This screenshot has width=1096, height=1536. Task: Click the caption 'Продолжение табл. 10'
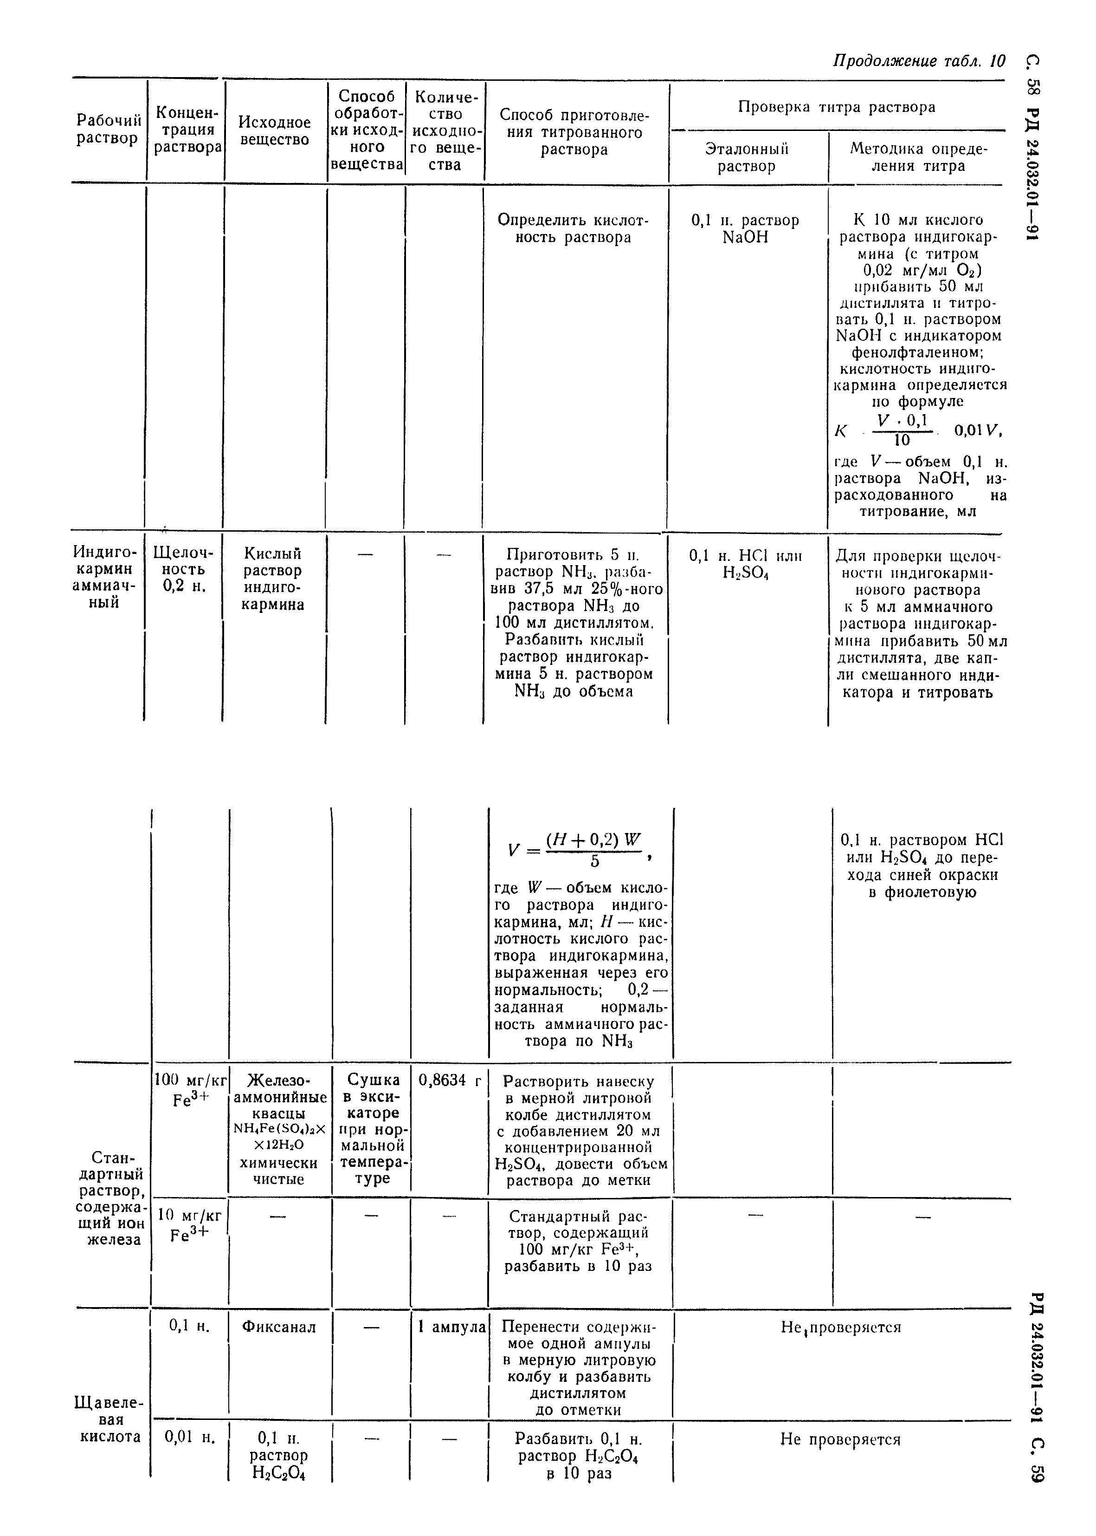[x=918, y=61]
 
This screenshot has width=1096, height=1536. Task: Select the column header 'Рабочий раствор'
[x=108, y=130]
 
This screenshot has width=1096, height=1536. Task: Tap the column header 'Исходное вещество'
[x=275, y=131]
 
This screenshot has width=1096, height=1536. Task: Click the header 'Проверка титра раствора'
[x=836, y=107]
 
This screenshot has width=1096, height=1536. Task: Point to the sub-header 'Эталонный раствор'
[x=747, y=157]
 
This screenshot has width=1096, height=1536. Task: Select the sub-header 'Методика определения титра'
[x=918, y=157]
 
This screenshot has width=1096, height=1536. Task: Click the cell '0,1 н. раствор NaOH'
[x=745, y=229]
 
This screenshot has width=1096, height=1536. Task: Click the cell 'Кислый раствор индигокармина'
[x=273, y=579]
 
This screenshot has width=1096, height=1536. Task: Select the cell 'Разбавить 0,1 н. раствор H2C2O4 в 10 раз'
[x=579, y=1456]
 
